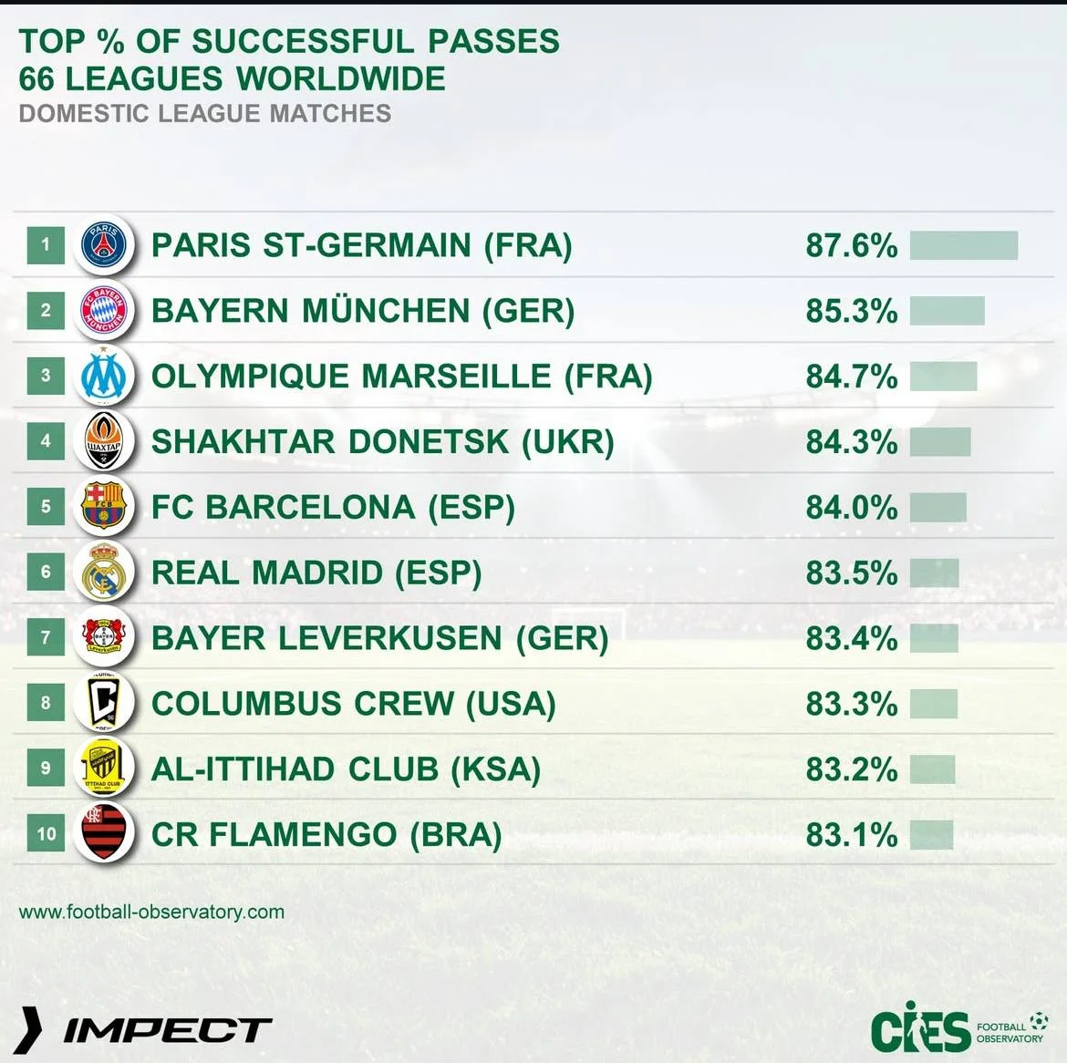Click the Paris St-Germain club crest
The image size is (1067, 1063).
[103, 244]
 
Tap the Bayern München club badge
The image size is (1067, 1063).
[103, 310]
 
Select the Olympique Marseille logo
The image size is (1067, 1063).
[103, 376]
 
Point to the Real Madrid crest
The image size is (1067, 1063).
[103, 572]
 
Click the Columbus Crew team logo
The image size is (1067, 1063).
[103, 703]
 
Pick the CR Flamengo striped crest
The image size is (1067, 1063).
[103, 833]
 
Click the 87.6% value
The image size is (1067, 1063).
[851, 245]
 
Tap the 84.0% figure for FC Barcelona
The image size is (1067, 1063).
[851, 507]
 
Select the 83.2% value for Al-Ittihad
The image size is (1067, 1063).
[851, 769]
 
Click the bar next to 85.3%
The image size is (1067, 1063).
[947, 311]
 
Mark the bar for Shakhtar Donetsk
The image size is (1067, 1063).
[939, 442]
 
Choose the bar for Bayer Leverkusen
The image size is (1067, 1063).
[934, 638]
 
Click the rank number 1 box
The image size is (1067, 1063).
[46, 244]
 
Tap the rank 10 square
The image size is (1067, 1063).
[46, 833]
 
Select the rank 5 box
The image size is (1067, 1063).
[46, 506]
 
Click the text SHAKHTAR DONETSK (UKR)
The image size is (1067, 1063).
[382, 441]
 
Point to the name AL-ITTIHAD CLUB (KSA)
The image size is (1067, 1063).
[346, 769]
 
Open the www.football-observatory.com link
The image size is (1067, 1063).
[151, 912]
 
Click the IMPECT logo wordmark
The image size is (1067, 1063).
[167, 1030]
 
